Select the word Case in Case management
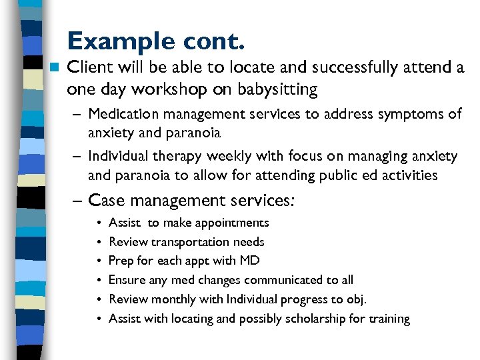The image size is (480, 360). [106, 200]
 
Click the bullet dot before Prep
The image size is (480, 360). [98, 261]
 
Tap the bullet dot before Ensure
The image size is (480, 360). [98, 280]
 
